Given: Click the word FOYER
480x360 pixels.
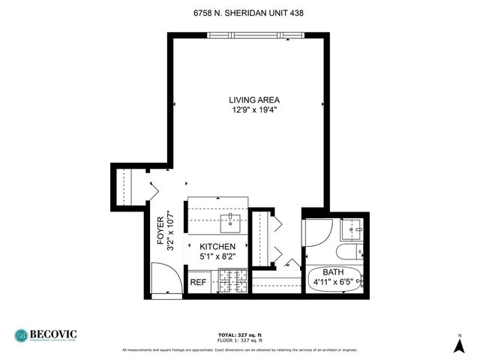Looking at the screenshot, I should click(160, 232).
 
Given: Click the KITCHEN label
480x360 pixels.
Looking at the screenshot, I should click(217, 247).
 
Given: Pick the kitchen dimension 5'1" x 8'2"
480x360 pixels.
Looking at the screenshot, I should click(217, 257).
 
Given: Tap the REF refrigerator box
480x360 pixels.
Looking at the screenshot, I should click(198, 283).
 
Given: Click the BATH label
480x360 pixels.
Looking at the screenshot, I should click(333, 272).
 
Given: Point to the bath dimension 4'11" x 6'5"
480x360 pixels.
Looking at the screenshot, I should click(333, 283).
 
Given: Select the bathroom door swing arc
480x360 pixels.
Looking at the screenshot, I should click(319, 234).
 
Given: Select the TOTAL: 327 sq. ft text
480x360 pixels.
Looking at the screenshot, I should click(240, 335).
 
